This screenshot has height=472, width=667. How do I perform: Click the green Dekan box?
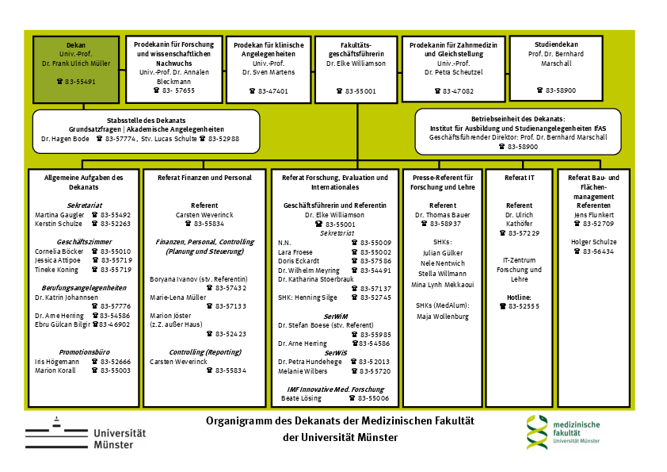77,70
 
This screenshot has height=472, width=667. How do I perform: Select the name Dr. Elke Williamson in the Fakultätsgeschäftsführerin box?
356,62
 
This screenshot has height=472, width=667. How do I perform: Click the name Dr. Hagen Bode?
65,139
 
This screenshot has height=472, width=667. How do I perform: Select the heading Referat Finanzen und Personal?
204,178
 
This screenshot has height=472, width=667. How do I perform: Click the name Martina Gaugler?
59,215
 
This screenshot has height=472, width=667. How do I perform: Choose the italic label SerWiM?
336,315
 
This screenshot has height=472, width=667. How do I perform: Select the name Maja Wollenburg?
444,317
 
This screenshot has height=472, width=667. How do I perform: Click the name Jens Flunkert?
594,214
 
